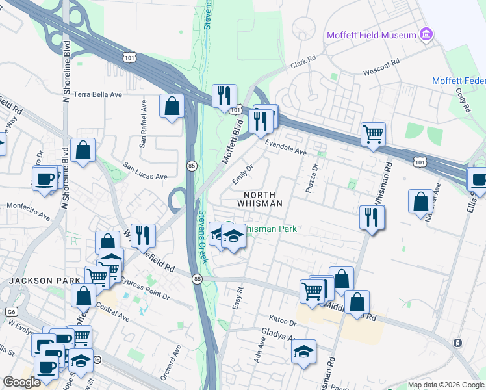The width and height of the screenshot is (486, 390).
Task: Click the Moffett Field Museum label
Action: click(372, 34)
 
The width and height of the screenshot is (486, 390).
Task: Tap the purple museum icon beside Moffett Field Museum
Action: click(426, 34)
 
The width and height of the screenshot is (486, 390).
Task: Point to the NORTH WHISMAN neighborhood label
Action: click(263, 199)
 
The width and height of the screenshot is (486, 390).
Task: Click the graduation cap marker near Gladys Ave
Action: click(303, 352)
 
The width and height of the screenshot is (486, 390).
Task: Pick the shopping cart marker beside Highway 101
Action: click(373, 135)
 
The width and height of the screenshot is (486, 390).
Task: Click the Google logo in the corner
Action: click(21, 382)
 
